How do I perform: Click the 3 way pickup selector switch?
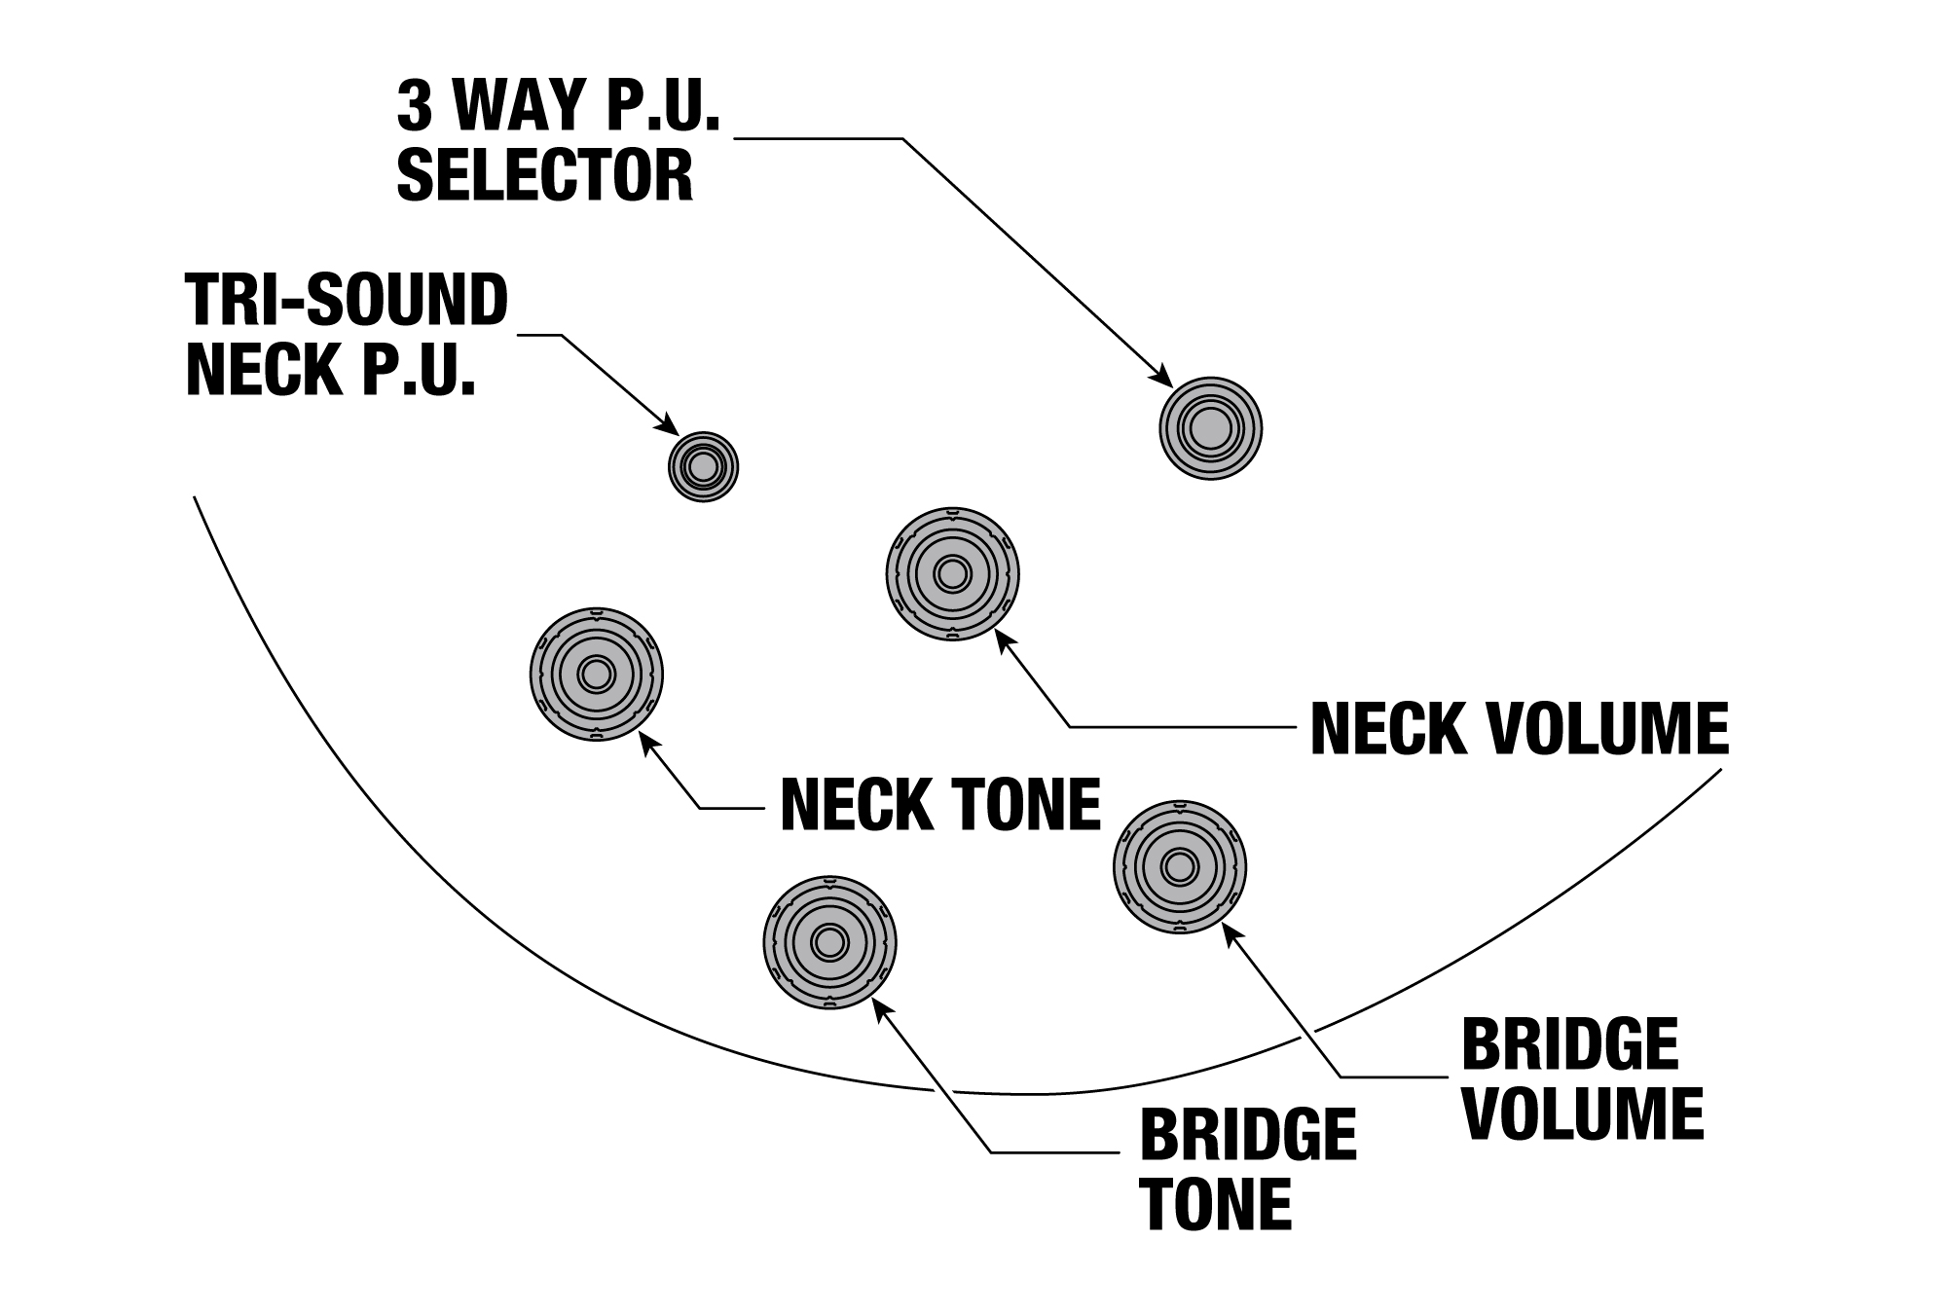pyautogui.click(x=1210, y=428)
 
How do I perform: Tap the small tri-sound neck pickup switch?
pyautogui.click(x=703, y=467)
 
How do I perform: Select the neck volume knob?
pyautogui.click(x=952, y=573)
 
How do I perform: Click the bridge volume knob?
pyautogui.click(x=1179, y=866)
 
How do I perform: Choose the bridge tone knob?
pyautogui.click(x=829, y=942)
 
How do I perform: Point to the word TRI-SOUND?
pyautogui.click(x=347, y=300)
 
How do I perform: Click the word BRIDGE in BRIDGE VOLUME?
pyautogui.click(x=1569, y=1043)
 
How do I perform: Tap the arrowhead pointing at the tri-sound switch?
pyautogui.click(x=670, y=426)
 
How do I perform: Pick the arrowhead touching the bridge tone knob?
pyautogui.click(x=881, y=1011)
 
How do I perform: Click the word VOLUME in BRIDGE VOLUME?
pyautogui.click(x=1583, y=1113)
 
